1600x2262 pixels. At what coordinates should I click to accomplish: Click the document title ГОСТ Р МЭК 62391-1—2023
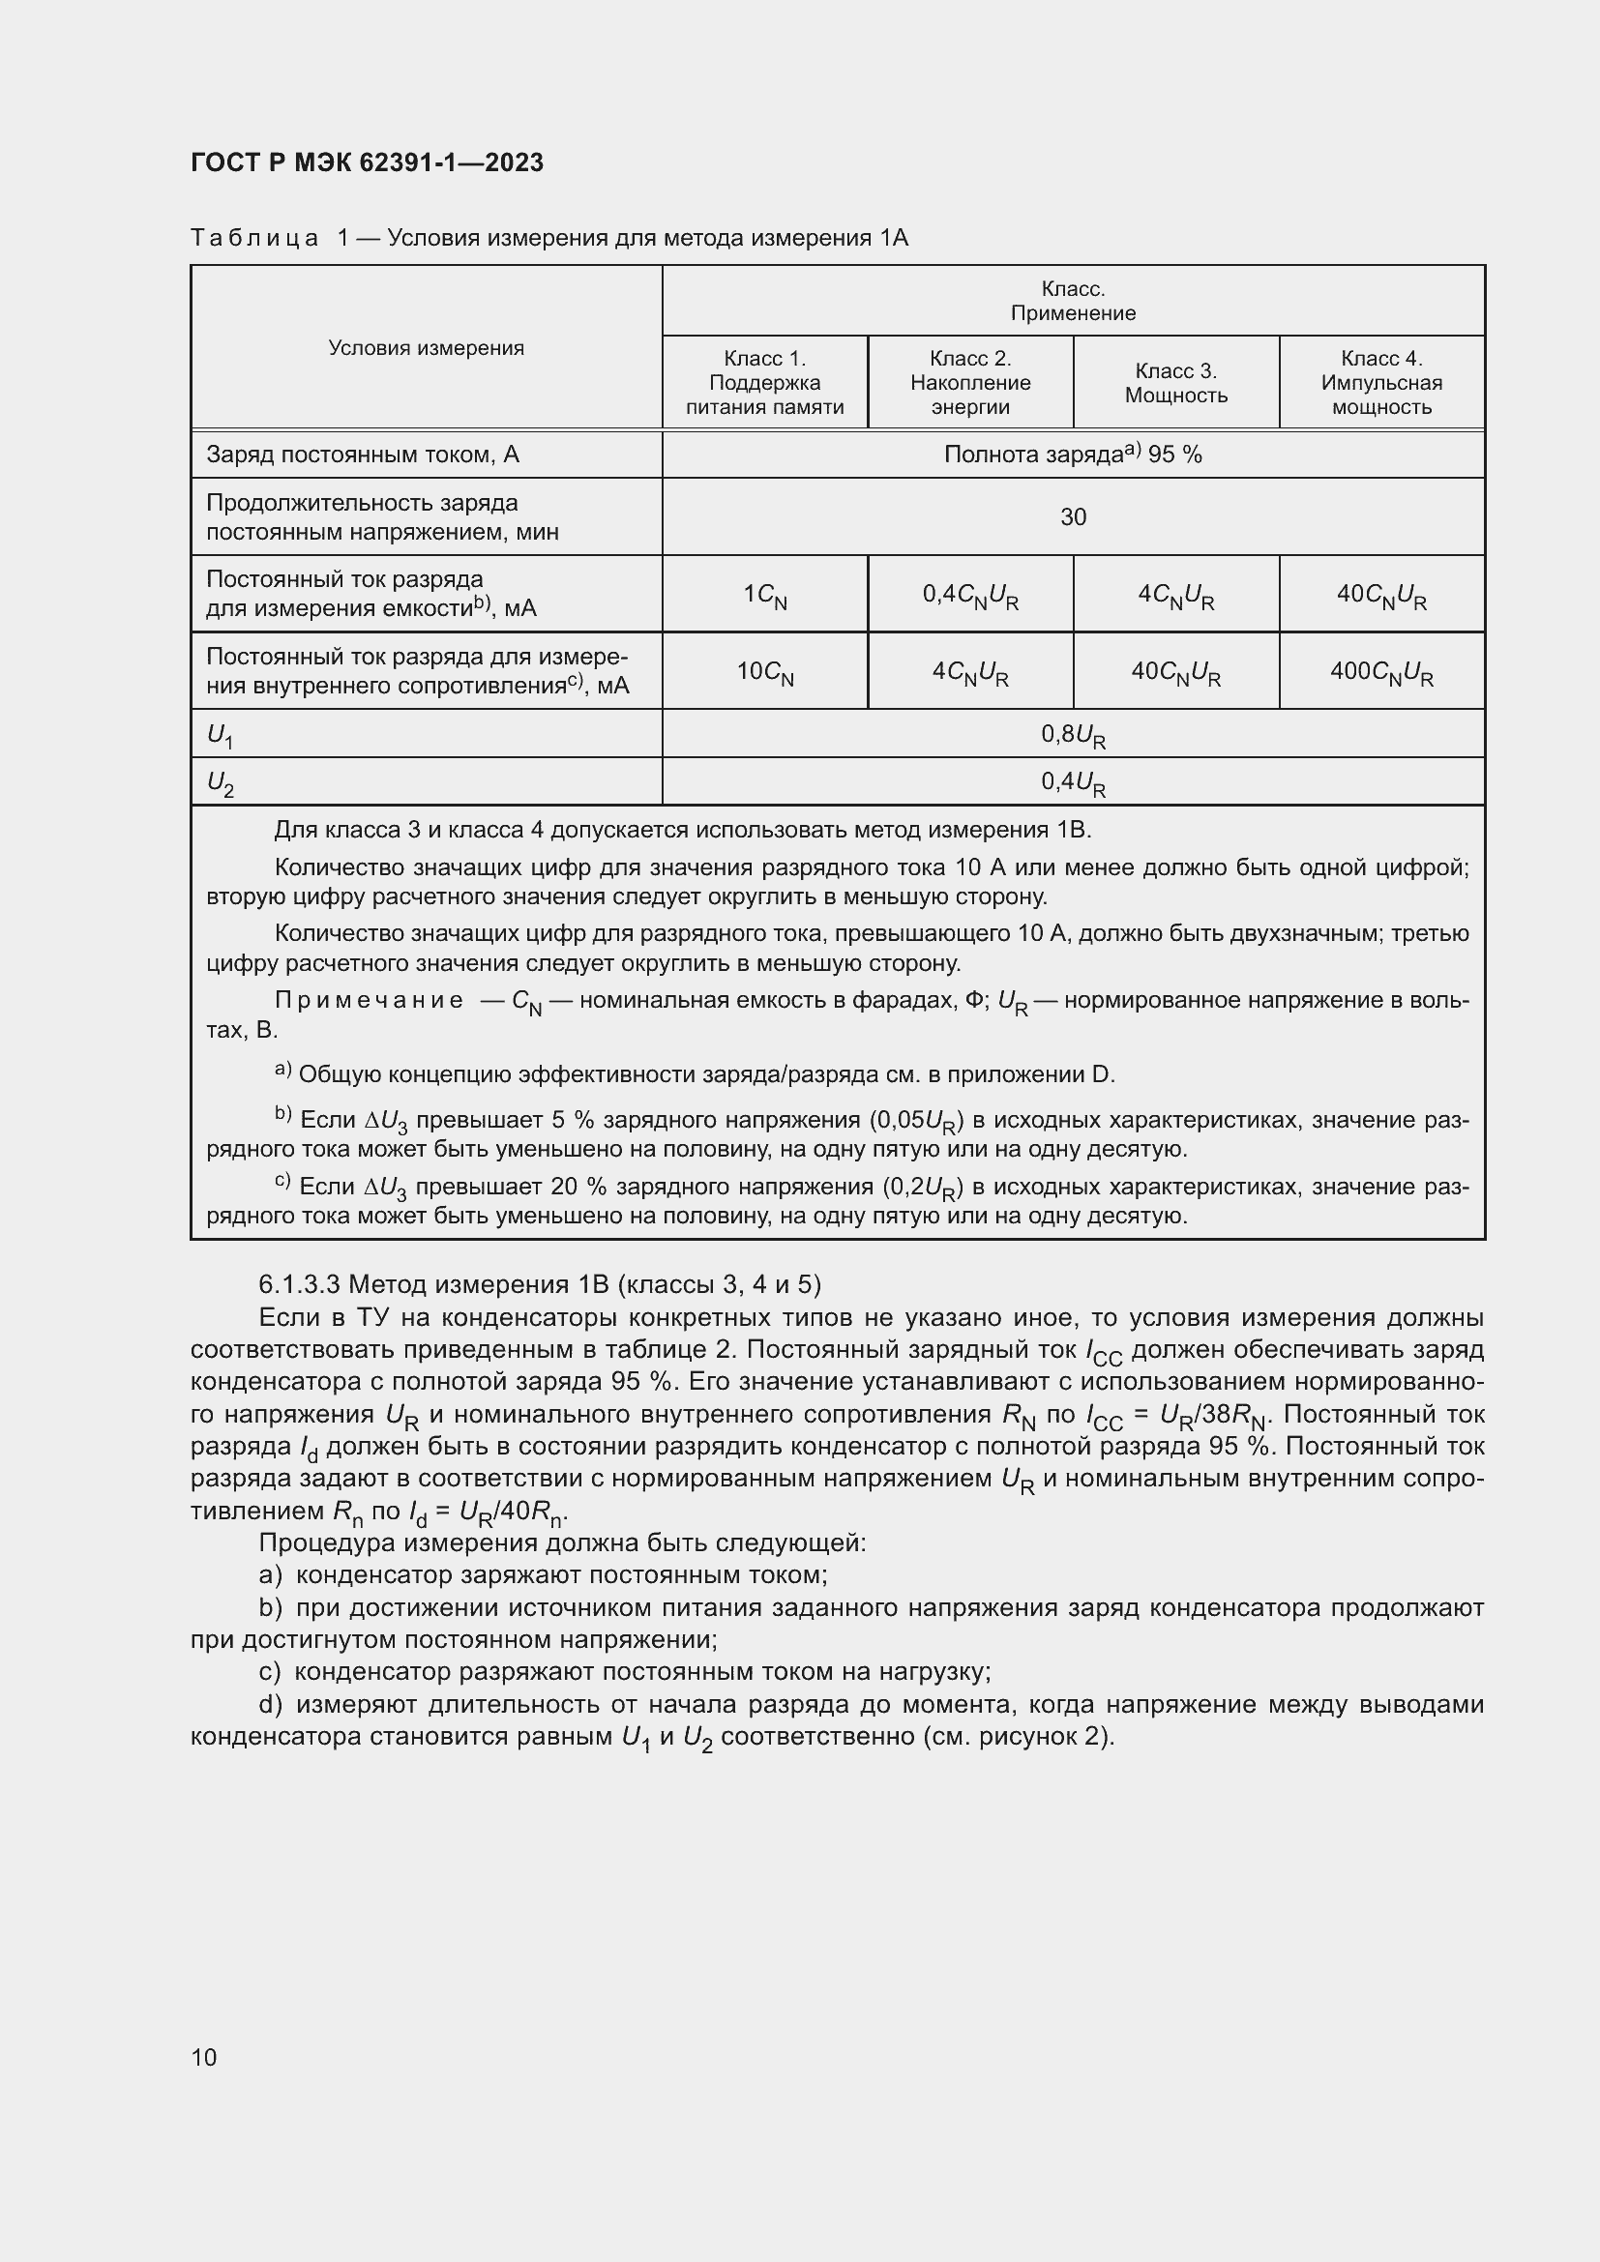(367, 162)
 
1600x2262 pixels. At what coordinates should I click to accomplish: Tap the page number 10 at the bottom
(204, 2056)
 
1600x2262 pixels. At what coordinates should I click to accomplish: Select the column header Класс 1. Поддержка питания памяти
(764, 382)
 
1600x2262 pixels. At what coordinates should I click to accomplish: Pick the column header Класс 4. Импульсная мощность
(1381, 382)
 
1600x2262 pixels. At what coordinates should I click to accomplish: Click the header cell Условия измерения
(426, 348)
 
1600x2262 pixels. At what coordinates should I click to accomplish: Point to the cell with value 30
(1073, 517)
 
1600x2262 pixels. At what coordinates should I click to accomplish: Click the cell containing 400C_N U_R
(1381, 672)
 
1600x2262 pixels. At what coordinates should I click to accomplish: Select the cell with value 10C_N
(765, 672)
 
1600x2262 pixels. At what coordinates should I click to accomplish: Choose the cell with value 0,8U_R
(1073, 735)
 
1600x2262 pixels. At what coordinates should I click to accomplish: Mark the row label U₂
(220, 783)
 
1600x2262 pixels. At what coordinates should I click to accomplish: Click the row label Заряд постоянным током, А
(363, 455)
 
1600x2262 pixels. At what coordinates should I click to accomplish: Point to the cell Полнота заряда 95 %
(1073, 455)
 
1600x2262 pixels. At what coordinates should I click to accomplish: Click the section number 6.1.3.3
(300, 1283)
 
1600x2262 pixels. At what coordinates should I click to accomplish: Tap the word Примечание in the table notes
(369, 1001)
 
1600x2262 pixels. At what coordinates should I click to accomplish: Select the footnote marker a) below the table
(282, 1071)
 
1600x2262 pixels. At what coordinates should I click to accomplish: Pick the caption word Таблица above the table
(254, 239)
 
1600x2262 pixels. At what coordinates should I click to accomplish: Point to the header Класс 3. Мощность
(1176, 382)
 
